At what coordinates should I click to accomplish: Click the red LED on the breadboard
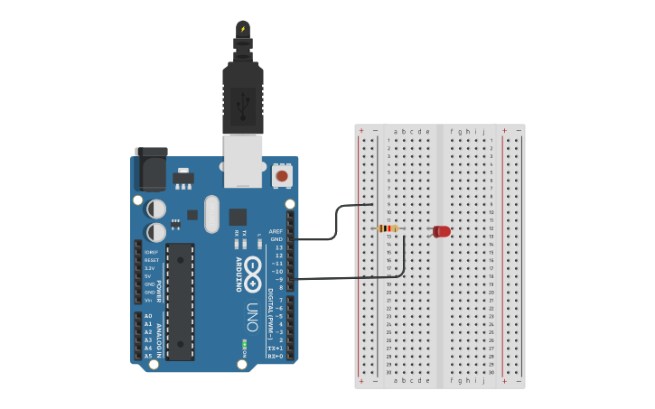pyautogui.click(x=441, y=231)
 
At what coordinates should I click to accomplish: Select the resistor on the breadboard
pyautogui.click(x=388, y=228)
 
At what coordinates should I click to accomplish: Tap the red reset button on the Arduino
pyautogui.click(x=282, y=175)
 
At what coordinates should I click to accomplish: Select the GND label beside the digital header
pyautogui.click(x=276, y=239)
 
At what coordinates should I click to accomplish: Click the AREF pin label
pyautogui.click(x=276, y=231)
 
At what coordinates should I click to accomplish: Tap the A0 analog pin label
pyautogui.click(x=148, y=316)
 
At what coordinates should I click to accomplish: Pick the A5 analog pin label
pyautogui.click(x=148, y=356)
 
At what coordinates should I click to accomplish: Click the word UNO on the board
pyautogui.click(x=252, y=316)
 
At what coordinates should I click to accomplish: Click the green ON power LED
pyautogui.click(x=244, y=345)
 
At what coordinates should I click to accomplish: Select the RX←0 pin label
pyautogui.click(x=275, y=356)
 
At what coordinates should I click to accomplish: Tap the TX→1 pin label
pyautogui.click(x=275, y=348)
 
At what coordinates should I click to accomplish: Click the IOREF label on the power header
pyautogui.click(x=151, y=252)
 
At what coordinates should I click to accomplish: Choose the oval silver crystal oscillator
pyautogui.click(x=211, y=214)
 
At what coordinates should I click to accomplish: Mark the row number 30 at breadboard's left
pyautogui.click(x=388, y=372)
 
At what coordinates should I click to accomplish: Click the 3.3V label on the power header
pyautogui.click(x=150, y=268)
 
